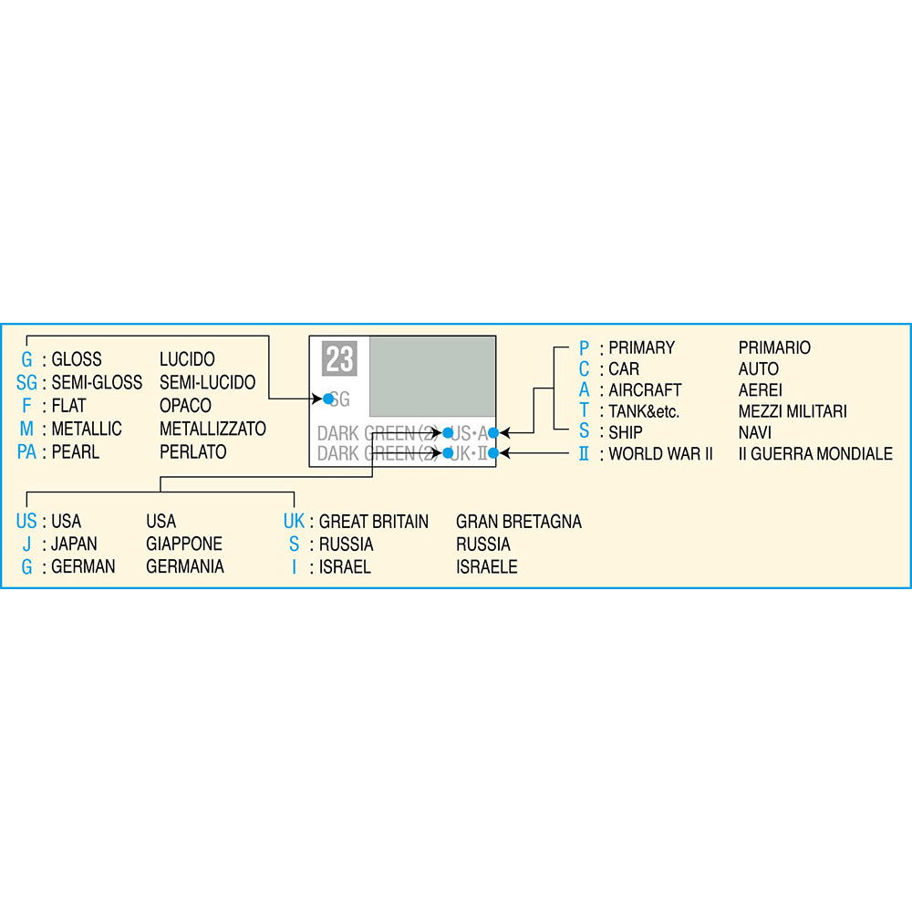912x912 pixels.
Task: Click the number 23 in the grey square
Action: click(x=339, y=358)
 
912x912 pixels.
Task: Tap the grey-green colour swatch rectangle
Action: click(x=432, y=377)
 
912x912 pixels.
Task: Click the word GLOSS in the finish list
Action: click(x=77, y=358)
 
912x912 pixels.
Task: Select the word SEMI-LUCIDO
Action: click(x=208, y=382)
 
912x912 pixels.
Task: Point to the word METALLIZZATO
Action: click(x=212, y=429)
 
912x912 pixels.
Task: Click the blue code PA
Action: click(x=26, y=452)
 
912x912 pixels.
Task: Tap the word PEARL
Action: click(x=76, y=452)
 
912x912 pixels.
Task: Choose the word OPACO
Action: click(x=185, y=406)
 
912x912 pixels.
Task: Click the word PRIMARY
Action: click(x=641, y=347)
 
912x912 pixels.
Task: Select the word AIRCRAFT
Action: click(x=645, y=389)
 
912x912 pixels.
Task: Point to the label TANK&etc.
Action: click(x=644, y=411)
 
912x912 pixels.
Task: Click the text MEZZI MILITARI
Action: click(x=793, y=411)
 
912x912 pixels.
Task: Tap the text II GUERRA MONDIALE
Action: click(x=815, y=453)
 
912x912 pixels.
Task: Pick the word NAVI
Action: click(x=755, y=432)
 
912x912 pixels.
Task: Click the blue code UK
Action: click(x=294, y=521)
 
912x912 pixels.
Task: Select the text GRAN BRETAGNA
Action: click(x=519, y=521)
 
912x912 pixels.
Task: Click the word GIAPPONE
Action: click(x=184, y=544)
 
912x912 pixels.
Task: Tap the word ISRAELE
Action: click(x=487, y=566)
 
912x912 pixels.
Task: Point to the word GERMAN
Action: click(x=83, y=566)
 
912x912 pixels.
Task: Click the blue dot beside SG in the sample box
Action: click(x=328, y=399)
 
